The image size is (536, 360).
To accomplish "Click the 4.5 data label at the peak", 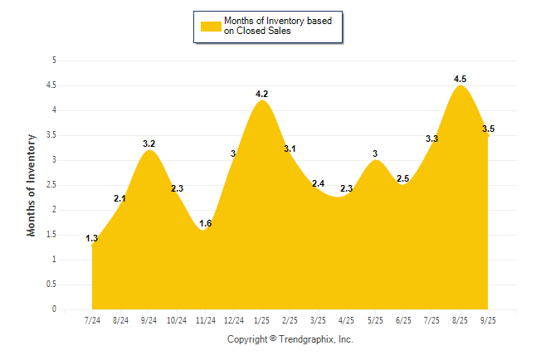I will tap(460, 79).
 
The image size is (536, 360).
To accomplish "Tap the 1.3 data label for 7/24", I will tap(92, 239).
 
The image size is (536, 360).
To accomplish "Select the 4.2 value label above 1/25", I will tap(262, 94).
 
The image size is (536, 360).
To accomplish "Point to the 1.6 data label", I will tap(206, 223).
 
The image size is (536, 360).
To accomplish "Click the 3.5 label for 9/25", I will tap(488, 129).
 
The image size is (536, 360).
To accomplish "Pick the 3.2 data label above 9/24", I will tap(149, 144).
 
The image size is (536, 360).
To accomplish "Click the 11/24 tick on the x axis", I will tap(206, 319).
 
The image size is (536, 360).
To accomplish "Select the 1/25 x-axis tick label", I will tap(262, 319).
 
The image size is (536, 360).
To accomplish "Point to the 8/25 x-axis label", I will tap(460, 319).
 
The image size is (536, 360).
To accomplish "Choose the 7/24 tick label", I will tap(93, 319).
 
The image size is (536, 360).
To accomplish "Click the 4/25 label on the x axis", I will tap(347, 319).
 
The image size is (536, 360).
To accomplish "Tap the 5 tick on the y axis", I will tap(54, 61).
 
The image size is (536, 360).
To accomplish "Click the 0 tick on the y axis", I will tap(54, 309).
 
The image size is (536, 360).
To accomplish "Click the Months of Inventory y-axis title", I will tap(32, 185).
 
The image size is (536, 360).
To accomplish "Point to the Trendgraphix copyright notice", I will tap(290, 339).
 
